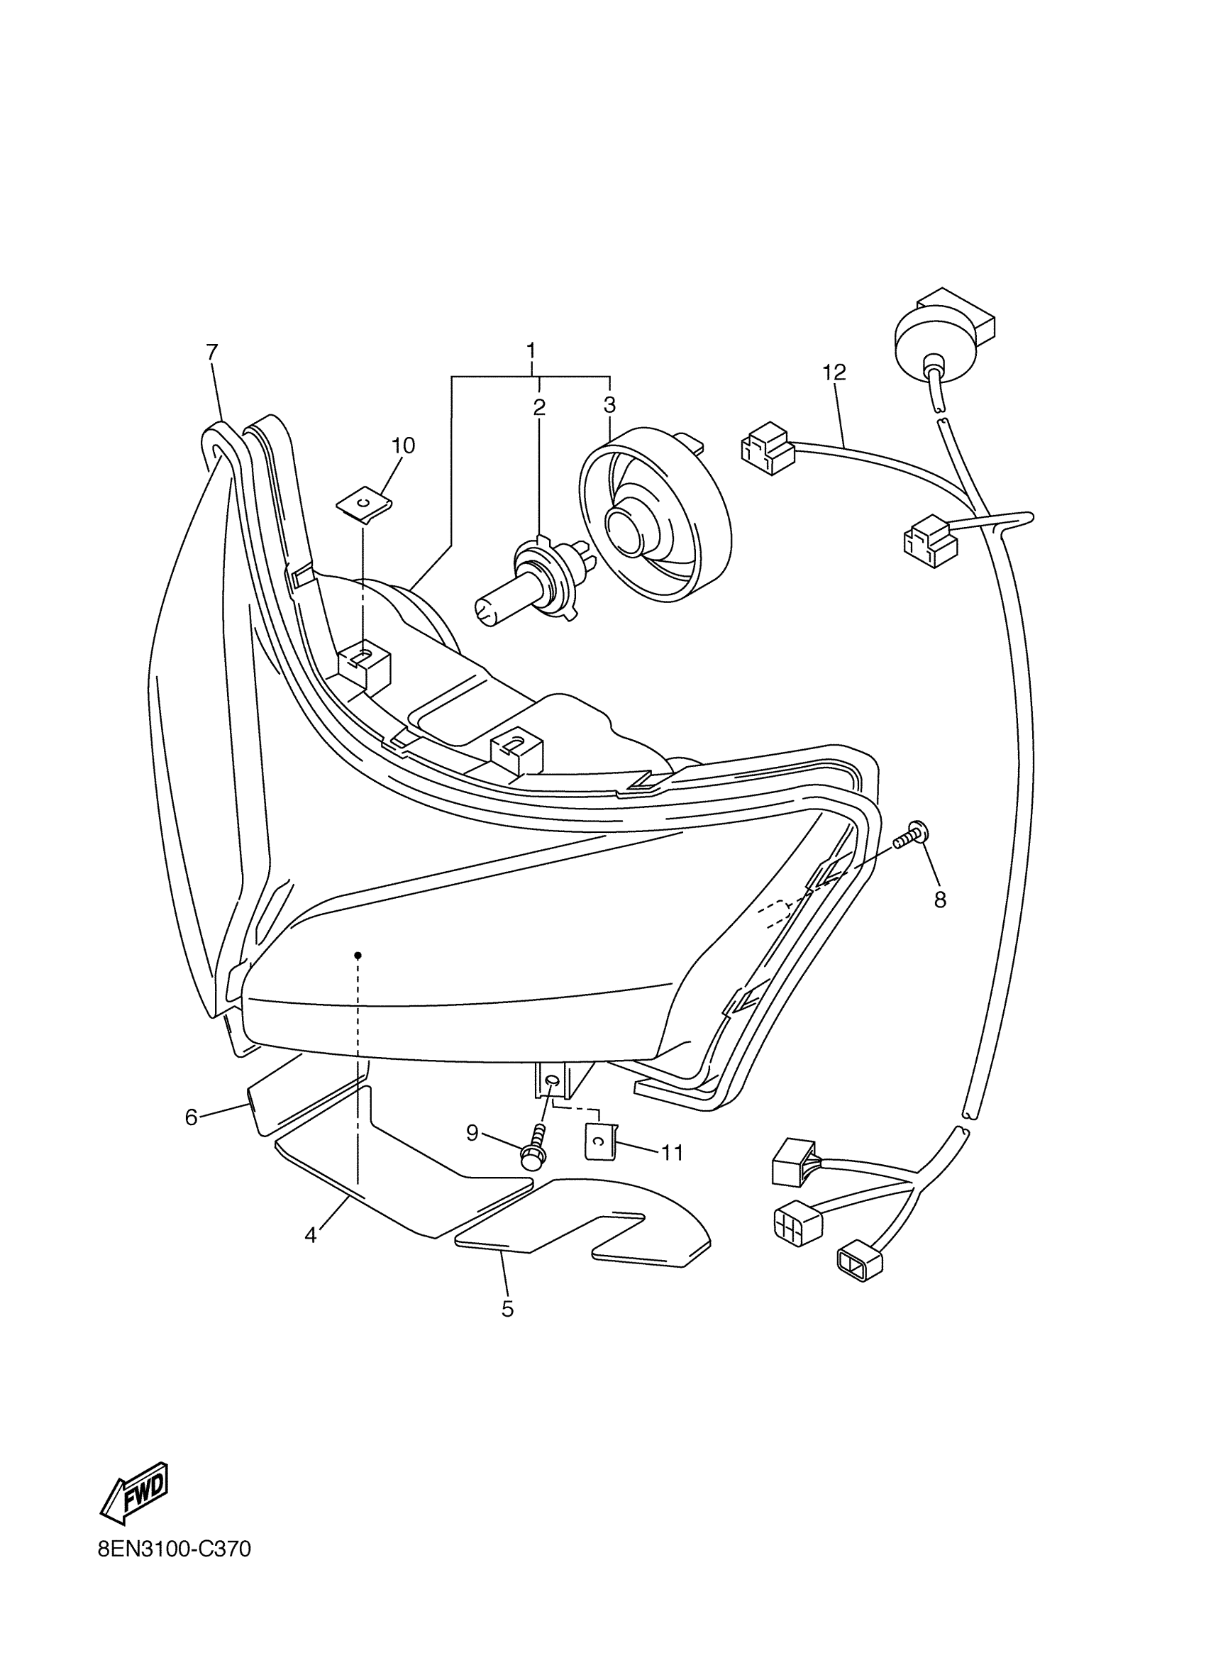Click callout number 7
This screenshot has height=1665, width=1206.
212,353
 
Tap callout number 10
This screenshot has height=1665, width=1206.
403,446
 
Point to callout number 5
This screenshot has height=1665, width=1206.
507,1309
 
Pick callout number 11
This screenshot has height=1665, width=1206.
673,1153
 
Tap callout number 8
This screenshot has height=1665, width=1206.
940,900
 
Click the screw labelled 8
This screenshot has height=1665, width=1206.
913,836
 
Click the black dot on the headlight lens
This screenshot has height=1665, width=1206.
358,955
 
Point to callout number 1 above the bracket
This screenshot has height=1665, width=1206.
531,350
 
